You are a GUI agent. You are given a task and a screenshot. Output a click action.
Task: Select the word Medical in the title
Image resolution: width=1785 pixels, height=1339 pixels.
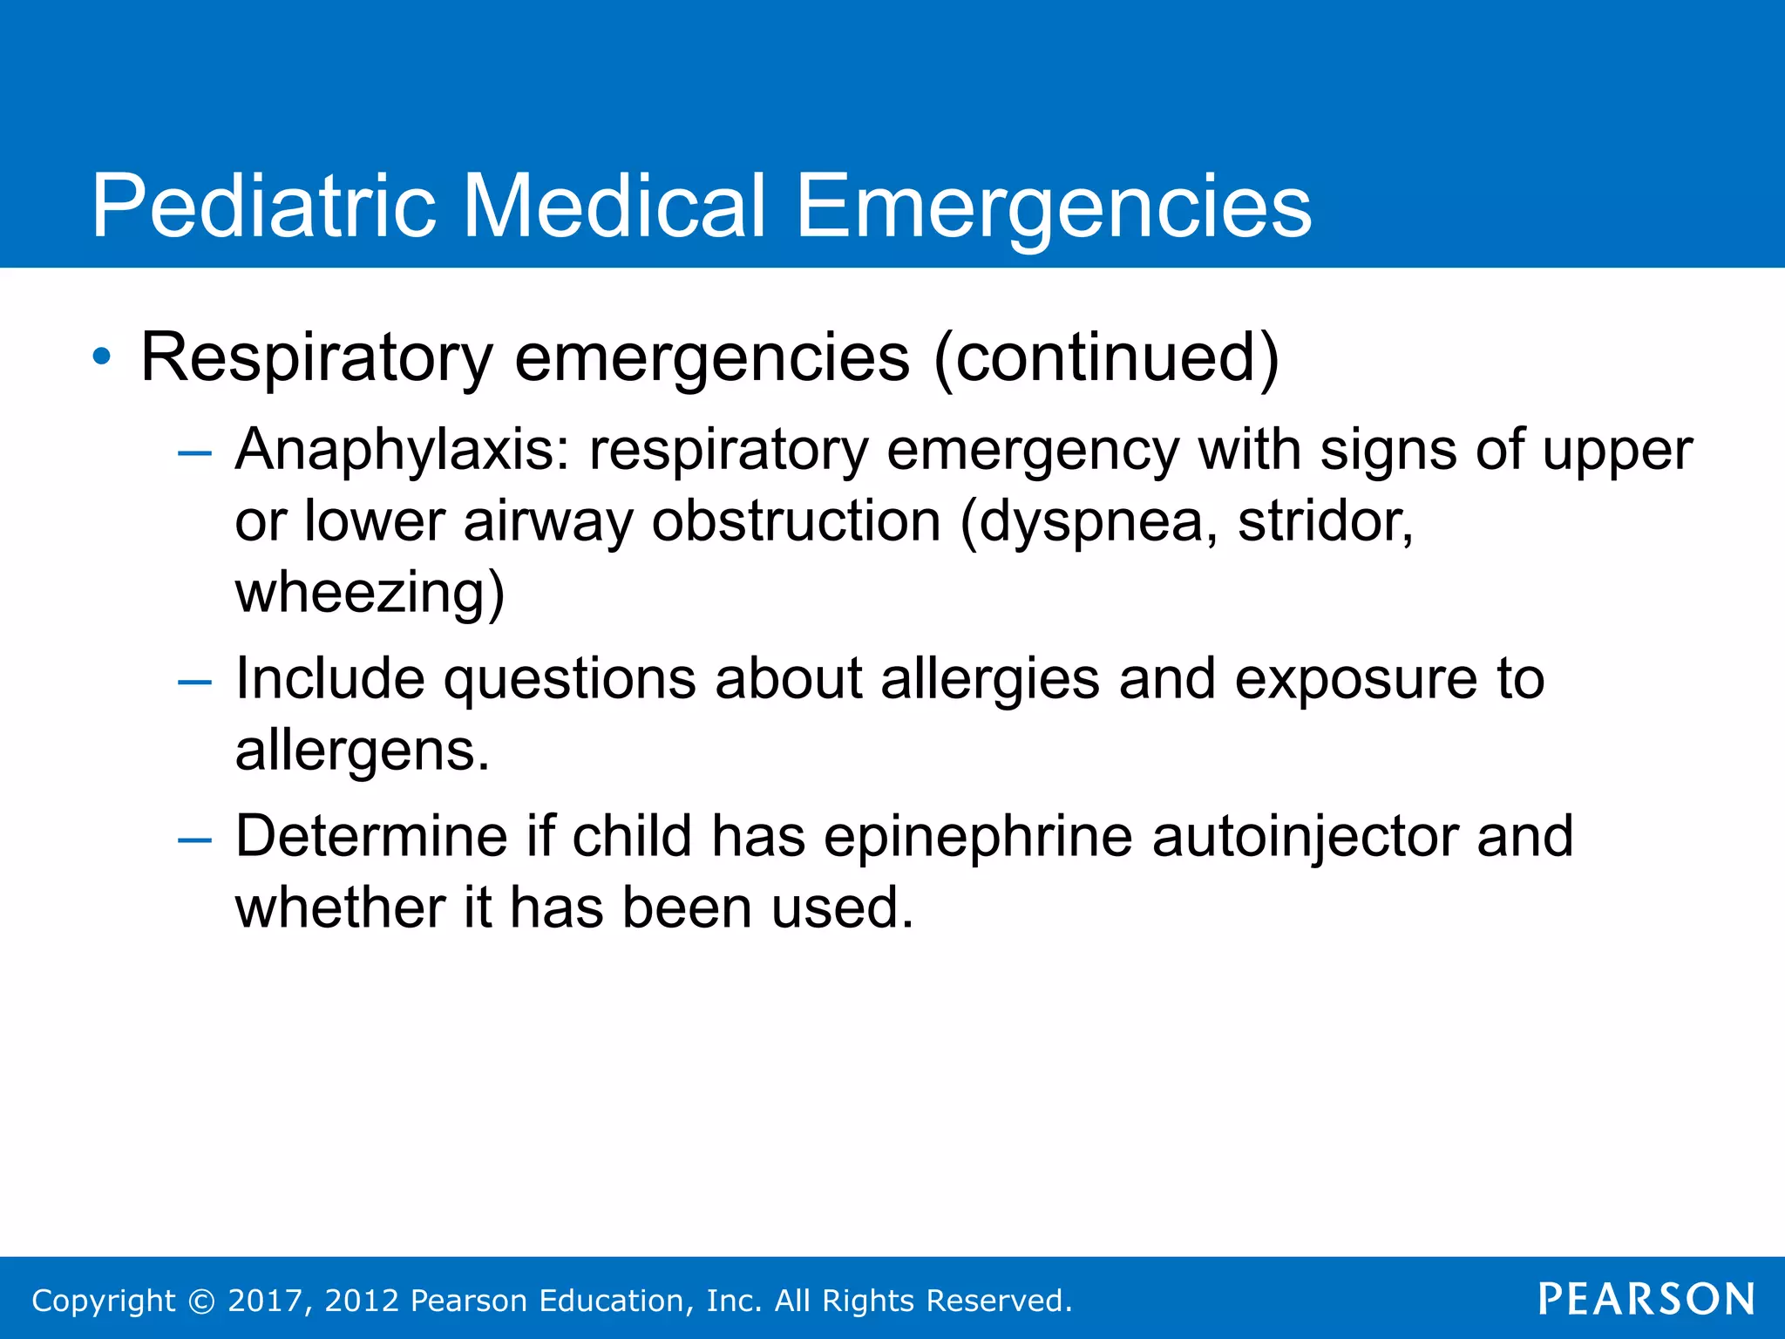pos(614,206)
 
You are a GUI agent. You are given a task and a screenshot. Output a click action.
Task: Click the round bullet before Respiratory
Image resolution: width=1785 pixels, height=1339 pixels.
pos(102,357)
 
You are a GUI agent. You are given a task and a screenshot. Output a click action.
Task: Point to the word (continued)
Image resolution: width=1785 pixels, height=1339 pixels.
pos(1106,357)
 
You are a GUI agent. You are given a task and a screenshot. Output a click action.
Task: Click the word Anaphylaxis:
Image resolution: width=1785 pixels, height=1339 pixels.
pos(402,451)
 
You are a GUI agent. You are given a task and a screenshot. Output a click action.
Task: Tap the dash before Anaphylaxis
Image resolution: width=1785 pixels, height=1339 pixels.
pos(193,452)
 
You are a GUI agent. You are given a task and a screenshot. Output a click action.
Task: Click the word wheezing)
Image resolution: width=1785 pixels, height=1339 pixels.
pos(370,593)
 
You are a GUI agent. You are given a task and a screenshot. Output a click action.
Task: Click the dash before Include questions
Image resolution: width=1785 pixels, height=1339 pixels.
pos(193,681)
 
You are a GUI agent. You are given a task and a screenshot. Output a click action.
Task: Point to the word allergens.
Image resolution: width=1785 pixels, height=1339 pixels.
pos(363,751)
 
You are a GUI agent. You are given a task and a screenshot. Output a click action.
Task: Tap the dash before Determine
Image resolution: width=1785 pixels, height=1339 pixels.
pos(193,839)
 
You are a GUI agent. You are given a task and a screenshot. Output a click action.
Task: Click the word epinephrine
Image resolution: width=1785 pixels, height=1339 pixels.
pos(978,837)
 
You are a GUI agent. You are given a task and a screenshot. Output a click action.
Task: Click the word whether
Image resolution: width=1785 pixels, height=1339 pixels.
pos(340,907)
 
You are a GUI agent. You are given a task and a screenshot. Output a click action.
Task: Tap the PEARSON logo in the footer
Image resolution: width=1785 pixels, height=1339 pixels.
pos(1646,1299)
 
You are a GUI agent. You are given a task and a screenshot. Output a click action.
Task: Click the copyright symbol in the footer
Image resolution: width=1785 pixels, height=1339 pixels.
pos(201,1301)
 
